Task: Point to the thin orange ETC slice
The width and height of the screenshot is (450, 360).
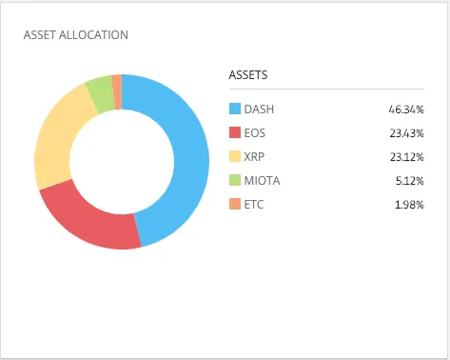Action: click(117, 92)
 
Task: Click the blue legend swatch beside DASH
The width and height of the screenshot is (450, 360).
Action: click(235, 109)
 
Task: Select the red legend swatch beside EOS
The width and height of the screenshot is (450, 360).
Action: click(235, 132)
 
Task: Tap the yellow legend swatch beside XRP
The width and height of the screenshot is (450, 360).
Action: click(235, 156)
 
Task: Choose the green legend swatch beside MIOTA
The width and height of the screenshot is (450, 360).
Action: click(235, 180)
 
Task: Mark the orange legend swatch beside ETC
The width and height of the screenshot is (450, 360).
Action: click(235, 204)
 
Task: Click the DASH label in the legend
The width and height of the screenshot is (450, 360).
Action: click(259, 110)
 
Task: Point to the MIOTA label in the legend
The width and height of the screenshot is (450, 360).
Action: click(262, 181)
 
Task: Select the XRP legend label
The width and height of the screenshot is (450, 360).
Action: click(254, 157)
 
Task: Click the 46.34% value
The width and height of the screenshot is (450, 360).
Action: click(406, 110)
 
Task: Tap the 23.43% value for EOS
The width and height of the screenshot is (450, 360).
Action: click(407, 133)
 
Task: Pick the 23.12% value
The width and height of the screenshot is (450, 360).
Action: click(407, 157)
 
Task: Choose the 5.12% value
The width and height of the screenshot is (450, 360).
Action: click(410, 181)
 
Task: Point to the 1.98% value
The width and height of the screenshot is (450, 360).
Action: click(409, 205)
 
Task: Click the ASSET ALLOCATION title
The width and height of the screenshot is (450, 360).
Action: click(76, 35)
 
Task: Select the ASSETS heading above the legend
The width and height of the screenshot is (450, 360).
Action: click(248, 75)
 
